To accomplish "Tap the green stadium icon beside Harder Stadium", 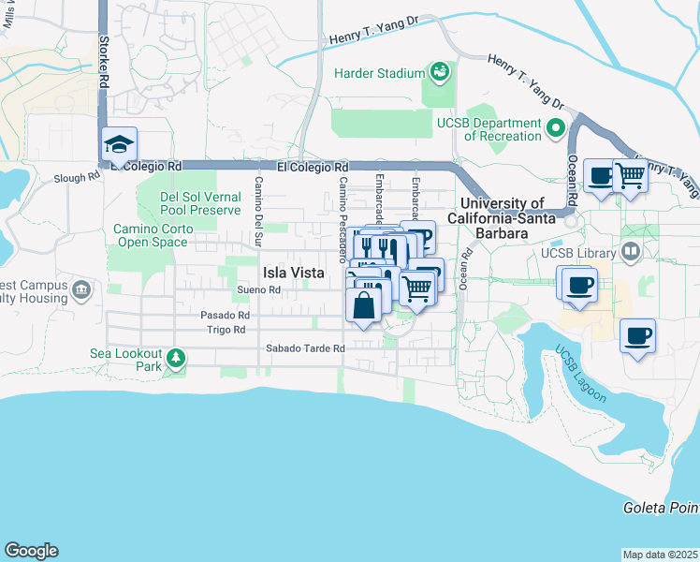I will coord(438,71).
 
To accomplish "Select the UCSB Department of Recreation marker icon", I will coord(556,127).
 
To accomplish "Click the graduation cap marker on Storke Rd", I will coord(120,145).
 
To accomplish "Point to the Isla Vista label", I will coord(293,273).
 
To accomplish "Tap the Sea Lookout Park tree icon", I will coord(175,357).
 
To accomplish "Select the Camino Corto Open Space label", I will coord(151,235).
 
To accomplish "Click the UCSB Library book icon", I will coord(631,252).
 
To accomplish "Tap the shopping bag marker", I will coord(364,304).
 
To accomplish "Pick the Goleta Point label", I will coord(661,508).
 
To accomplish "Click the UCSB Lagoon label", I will coord(580,375).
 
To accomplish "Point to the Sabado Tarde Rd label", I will coord(305,348).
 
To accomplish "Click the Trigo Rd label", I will coord(226,330).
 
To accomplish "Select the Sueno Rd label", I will coord(259,290).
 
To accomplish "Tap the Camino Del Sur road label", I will coord(259,201).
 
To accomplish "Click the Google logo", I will coord(31,551).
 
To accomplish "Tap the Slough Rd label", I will coord(76,177).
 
